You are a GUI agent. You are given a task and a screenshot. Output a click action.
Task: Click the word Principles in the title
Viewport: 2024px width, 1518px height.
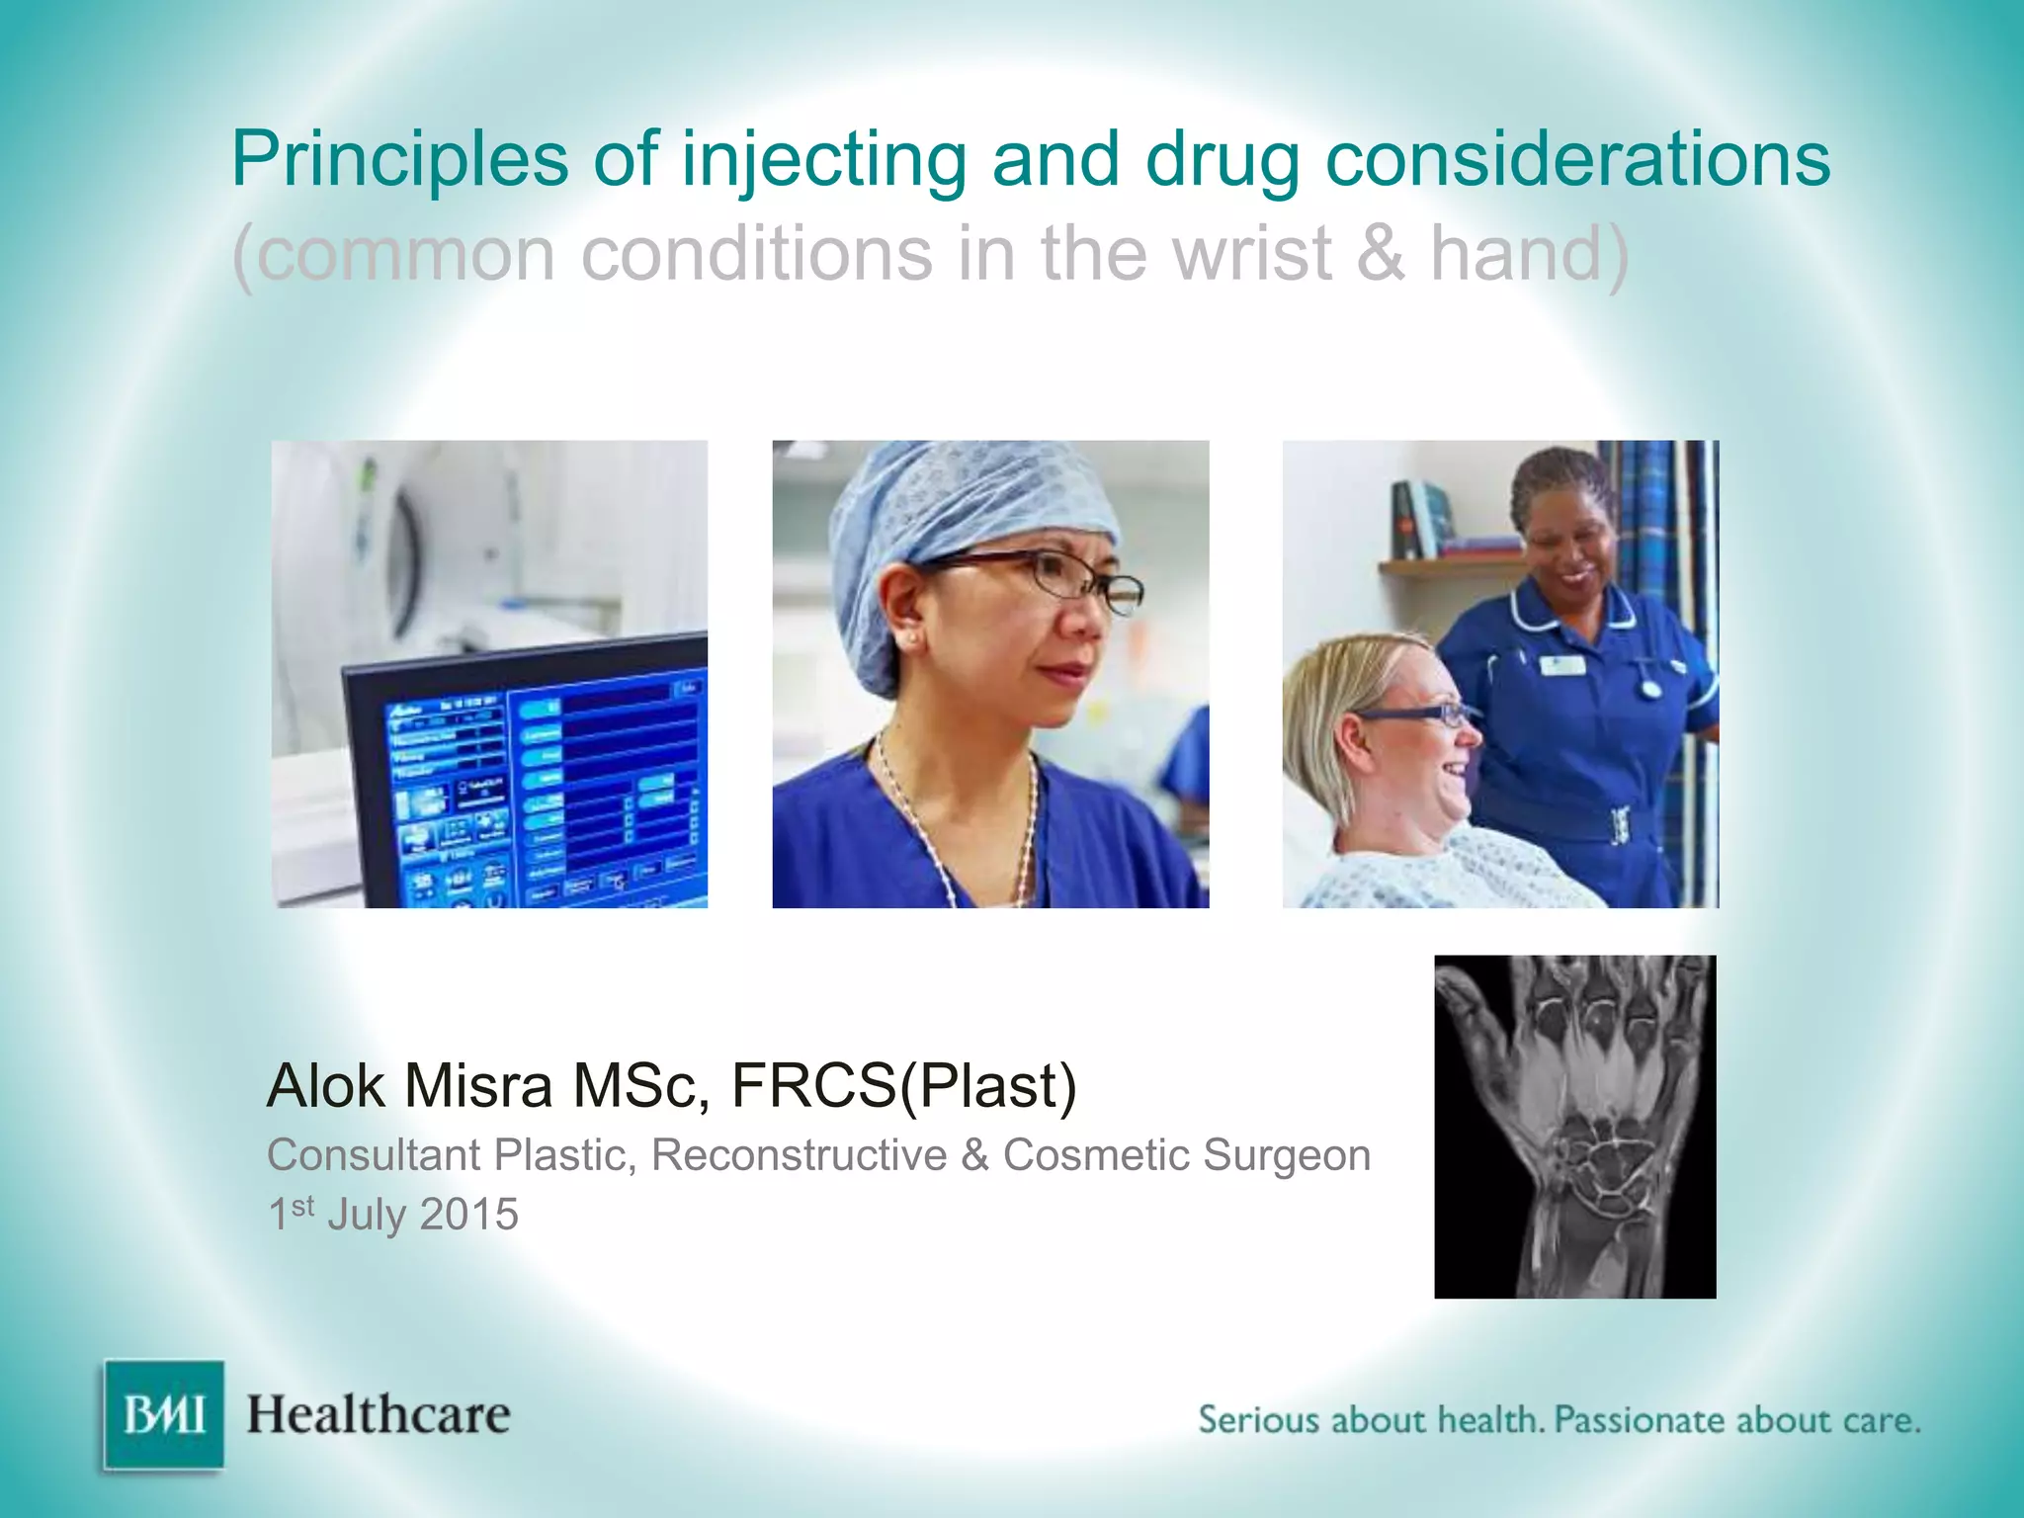tap(400, 160)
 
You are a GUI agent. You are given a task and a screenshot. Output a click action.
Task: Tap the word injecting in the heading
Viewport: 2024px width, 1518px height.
tap(823, 160)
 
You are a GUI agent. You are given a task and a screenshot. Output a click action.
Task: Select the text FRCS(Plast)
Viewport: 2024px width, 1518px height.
tap(903, 1086)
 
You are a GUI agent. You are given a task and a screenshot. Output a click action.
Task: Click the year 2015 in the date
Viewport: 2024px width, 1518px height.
tap(468, 1215)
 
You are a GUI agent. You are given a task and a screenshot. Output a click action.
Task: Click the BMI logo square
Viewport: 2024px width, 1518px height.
tap(164, 1415)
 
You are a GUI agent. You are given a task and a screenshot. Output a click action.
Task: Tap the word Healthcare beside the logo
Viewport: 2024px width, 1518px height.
tap(379, 1415)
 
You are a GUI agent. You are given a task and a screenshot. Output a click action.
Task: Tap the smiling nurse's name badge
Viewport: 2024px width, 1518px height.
tap(1563, 665)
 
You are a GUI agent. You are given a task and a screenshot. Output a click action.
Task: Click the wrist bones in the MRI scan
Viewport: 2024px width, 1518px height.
tap(1591, 1166)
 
